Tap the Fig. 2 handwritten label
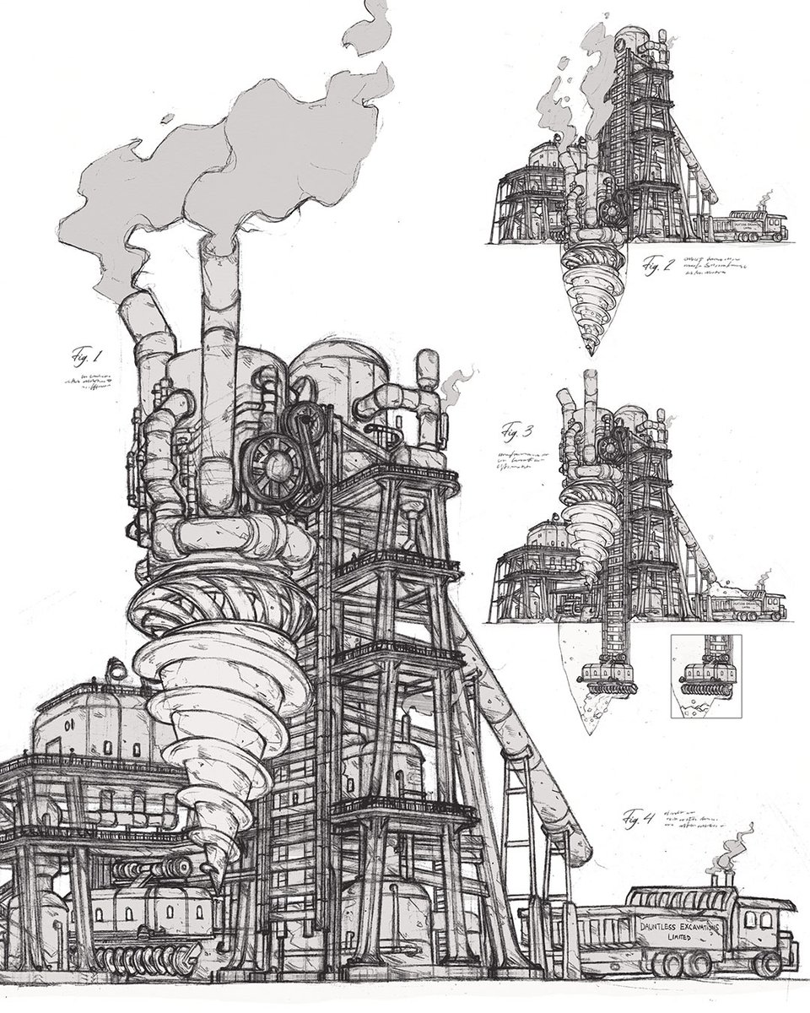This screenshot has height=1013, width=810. pos(656,266)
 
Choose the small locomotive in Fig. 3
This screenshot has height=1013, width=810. pos(751,606)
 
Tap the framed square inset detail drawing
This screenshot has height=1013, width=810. pos(704,676)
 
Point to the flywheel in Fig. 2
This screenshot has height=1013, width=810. pos(613,203)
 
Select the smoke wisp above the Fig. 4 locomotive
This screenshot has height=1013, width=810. pos(734,844)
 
